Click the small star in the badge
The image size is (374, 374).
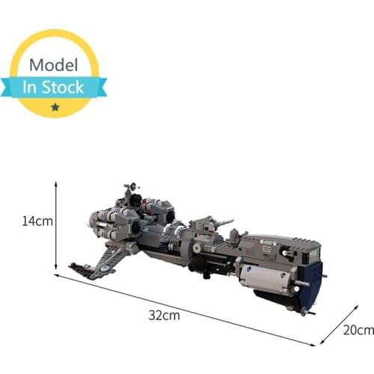click(x=54, y=107)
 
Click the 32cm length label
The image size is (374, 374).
click(x=163, y=315)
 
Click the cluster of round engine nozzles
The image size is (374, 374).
click(x=103, y=222)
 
